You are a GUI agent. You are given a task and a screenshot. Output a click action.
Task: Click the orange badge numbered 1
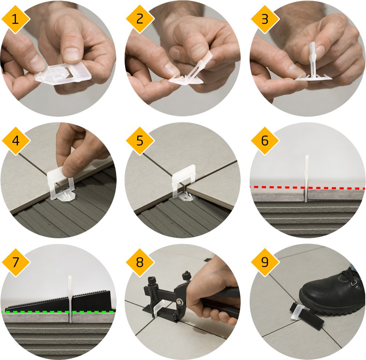15,19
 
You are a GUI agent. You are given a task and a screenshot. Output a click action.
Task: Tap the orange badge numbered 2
140,19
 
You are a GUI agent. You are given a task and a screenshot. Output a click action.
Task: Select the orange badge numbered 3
265,19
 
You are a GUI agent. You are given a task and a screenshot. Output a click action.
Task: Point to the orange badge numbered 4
16,141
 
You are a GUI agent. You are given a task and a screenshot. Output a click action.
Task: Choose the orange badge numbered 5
140,141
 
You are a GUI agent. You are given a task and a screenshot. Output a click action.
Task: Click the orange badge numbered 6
265,141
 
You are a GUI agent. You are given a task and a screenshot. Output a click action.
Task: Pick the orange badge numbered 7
16,262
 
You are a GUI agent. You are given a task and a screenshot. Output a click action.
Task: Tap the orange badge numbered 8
140,262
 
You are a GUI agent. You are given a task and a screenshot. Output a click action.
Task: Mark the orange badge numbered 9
265,262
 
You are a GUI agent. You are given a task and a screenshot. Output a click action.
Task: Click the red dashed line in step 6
307,187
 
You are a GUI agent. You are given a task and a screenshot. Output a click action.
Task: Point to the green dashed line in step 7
58,312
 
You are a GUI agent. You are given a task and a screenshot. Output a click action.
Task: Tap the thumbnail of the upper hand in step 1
71,53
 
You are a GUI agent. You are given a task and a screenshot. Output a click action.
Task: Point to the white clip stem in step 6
307,178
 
